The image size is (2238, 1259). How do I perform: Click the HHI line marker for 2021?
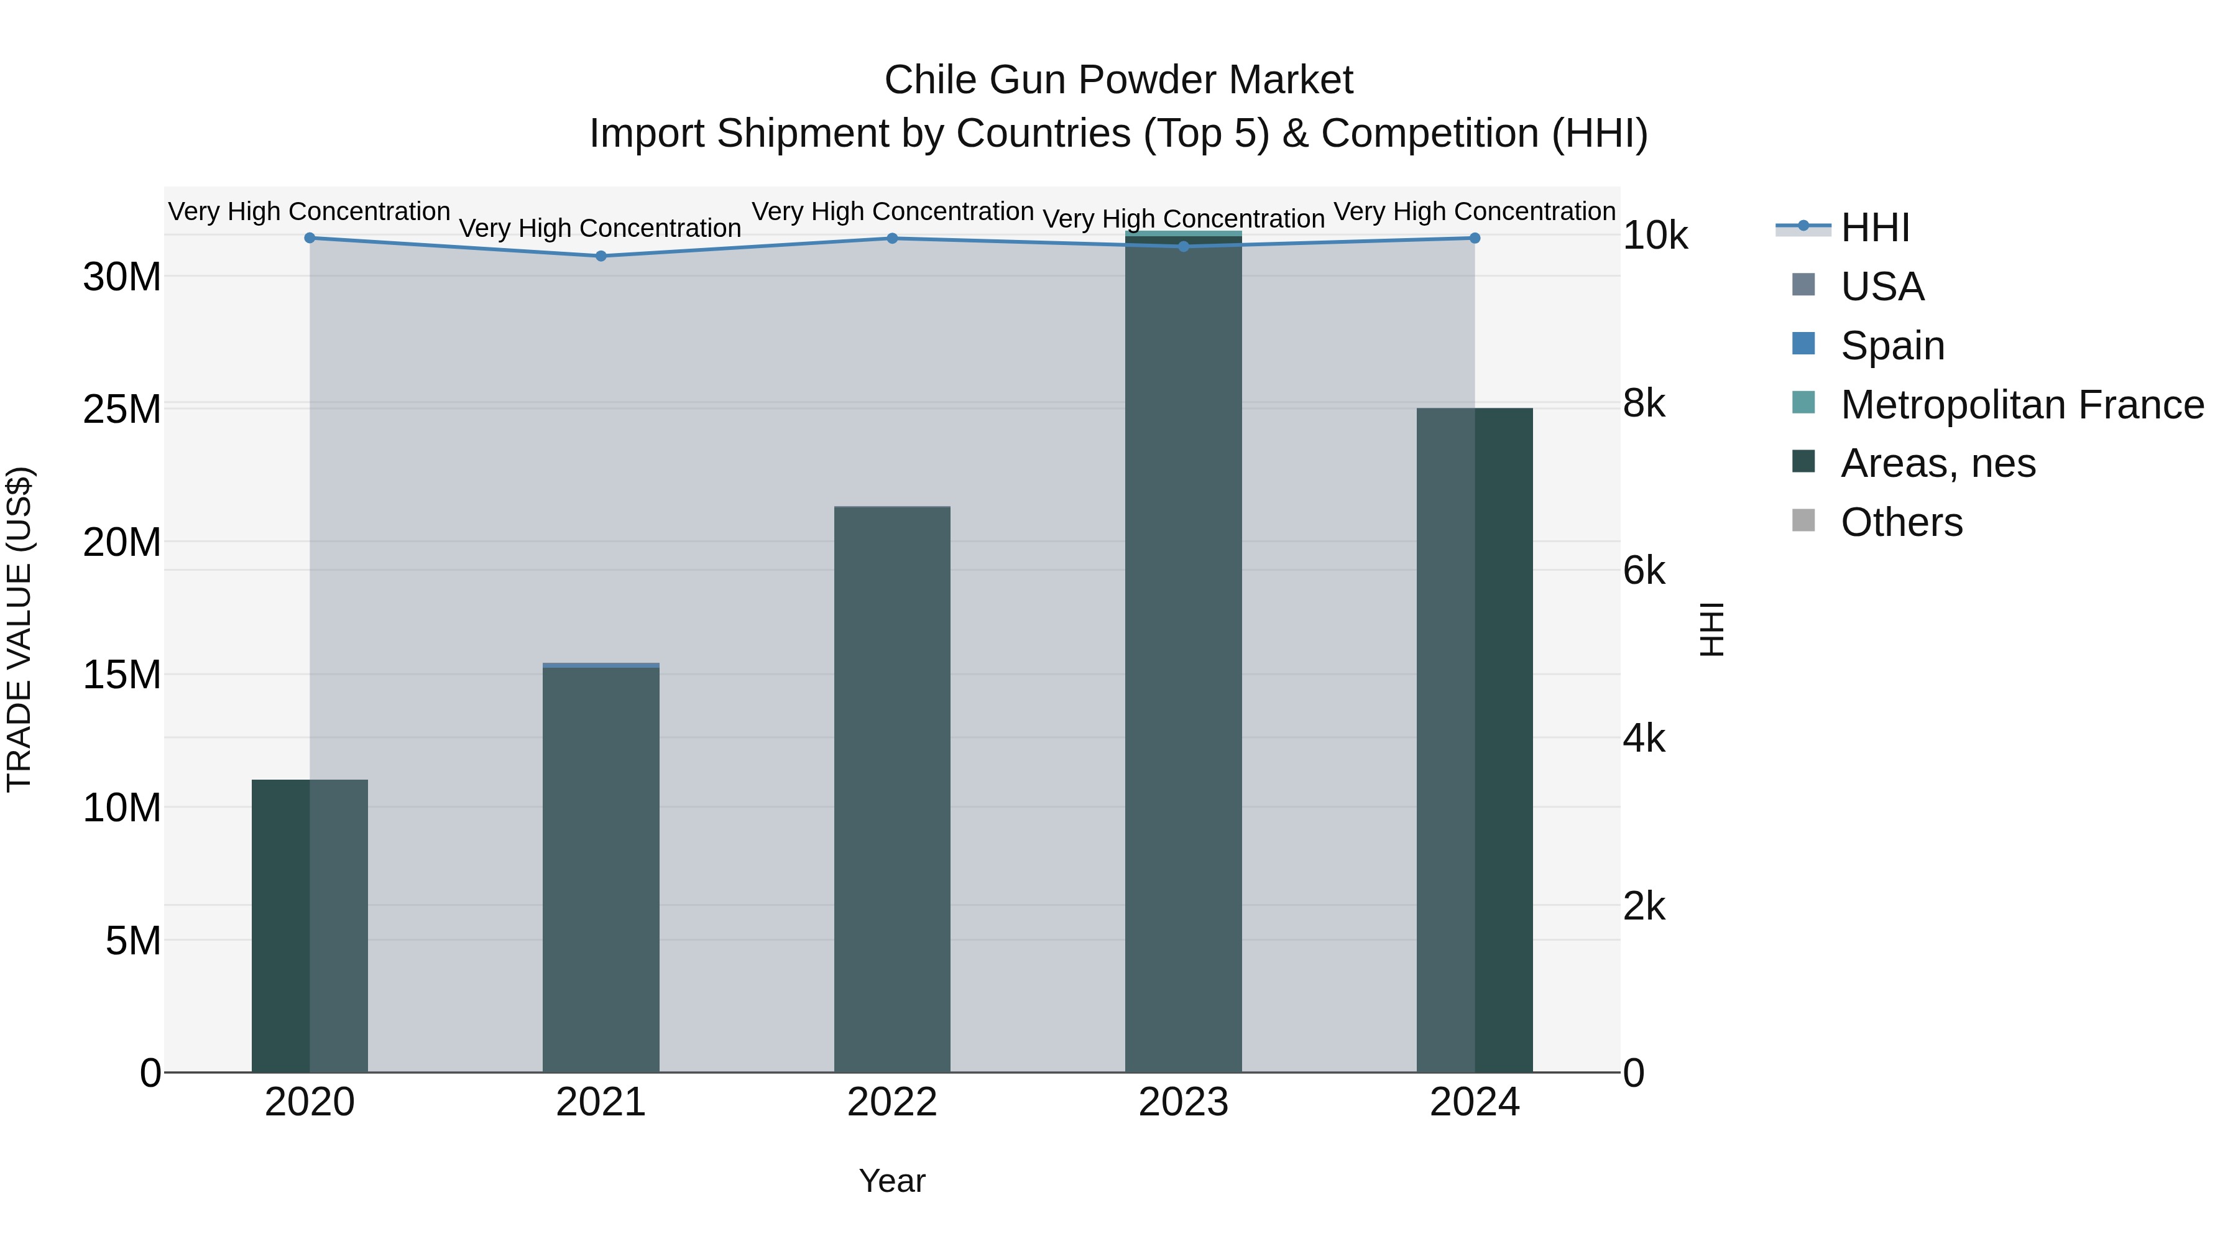click(601, 256)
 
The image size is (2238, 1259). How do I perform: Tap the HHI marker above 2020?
click(310, 238)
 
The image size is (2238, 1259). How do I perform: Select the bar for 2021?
click(601, 869)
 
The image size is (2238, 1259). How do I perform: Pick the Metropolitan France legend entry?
click(2021, 405)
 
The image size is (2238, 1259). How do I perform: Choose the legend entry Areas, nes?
click(1936, 463)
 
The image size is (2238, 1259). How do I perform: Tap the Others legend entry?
click(1901, 522)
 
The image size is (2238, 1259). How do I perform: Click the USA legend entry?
click(1882, 287)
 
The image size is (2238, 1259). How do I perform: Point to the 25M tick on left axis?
click(122, 409)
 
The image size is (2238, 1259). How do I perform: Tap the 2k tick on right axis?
click(1644, 907)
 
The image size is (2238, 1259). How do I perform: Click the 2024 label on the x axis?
click(1475, 1102)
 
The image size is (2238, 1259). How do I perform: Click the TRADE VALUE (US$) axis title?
click(19, 629)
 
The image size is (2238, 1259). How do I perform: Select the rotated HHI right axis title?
click(1711, 629)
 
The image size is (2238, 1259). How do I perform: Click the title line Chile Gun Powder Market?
click(1118, 80)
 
